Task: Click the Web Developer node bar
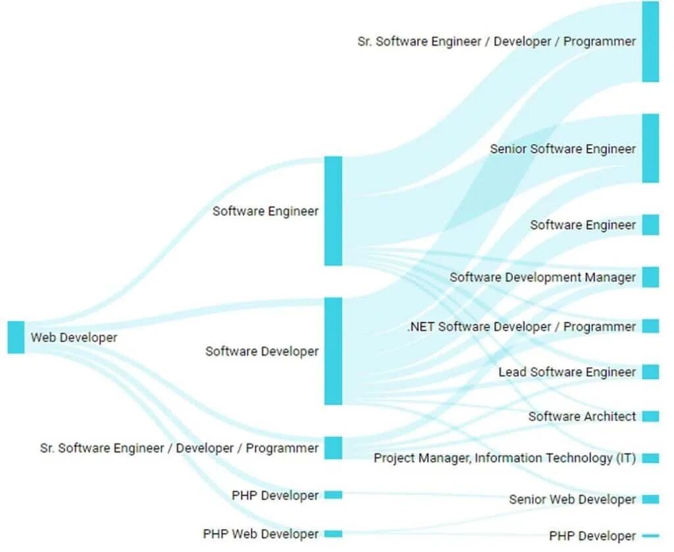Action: [x=16, y=338]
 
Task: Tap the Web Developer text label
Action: [x=74, y=338]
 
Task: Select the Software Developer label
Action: [x=262, y=351]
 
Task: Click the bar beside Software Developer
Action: [x=333, y=351]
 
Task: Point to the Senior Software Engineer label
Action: [x=563, y=149]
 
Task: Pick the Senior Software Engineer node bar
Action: [x=650, y=148]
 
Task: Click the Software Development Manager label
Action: [x=543, y=278]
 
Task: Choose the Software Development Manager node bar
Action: [x=650, y=277]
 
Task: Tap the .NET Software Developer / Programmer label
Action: [x=522, y=327]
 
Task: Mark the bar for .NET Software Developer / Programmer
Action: [x=650, y=326]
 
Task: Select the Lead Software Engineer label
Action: [x=567, y=372]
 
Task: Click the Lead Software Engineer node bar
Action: [x=650, y=372]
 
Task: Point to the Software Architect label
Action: [x=582, y=416]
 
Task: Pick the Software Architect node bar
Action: [x=650, y=416]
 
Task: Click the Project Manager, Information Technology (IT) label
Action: [x=505, y=458]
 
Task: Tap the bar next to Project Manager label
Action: [x=650, y=458]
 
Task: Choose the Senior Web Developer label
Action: [x=572, y=500]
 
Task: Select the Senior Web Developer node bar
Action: [x=650, y=499]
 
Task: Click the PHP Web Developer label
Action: [x=261, y=534]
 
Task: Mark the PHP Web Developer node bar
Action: [x=333, y=534]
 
